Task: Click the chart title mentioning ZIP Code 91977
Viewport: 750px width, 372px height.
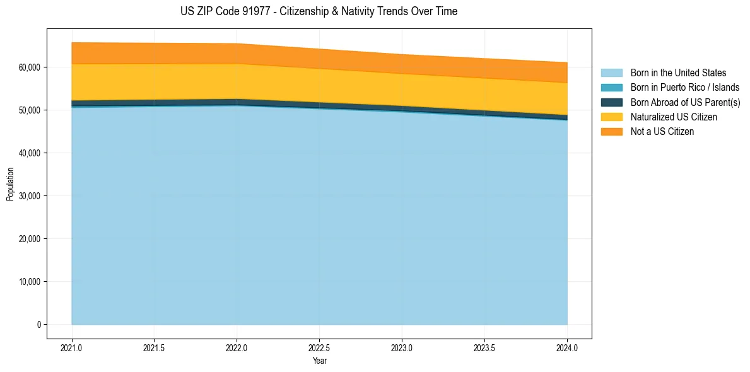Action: (x=319, y=11)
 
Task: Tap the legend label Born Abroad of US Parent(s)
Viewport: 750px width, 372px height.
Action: (x=685, y=102)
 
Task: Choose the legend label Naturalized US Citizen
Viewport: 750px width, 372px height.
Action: (x=674, y=117)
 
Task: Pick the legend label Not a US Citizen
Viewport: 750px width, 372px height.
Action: (x=662, y=132)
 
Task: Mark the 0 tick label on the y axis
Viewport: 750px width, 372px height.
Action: (x=38, y=325)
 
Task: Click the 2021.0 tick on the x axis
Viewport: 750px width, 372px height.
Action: (x=72, y=348)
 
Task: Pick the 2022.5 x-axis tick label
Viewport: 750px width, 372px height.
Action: (x=319, y=348)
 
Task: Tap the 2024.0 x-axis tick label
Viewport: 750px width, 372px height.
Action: (x=567, y=348)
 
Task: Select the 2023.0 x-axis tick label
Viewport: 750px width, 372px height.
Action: (x=402, y=348)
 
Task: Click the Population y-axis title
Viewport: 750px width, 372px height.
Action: (x=10, y=184)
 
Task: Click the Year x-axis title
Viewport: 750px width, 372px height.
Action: (x=319, y=361)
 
